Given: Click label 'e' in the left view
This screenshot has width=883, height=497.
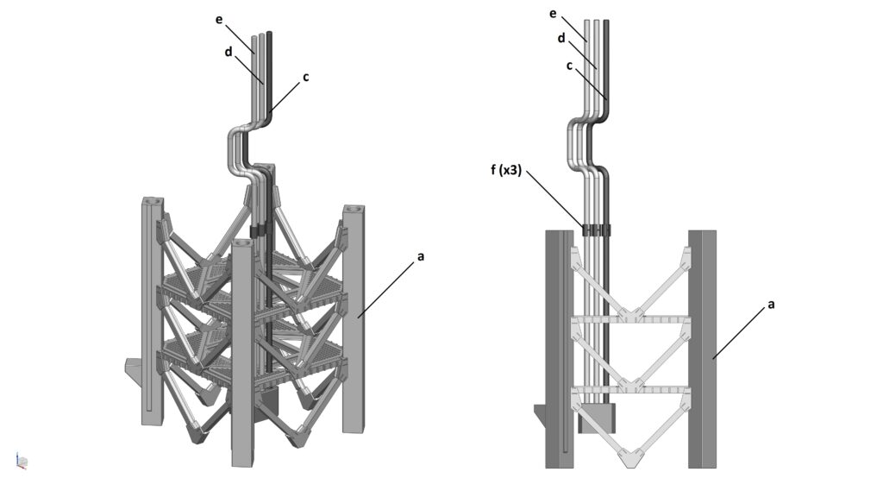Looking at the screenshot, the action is pyautogui.click(x=219, y=20).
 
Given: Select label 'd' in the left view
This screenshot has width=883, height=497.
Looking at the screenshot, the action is pyautogui.click(x=228, y=52).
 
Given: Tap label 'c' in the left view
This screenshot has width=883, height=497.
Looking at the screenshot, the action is pyautogui.click(x=306, y=77).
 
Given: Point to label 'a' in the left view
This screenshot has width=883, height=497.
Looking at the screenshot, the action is pyautogui.click(x=420, y=257).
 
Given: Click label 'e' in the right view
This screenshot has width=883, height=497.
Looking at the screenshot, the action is pyautogui.click(x=553, y=13).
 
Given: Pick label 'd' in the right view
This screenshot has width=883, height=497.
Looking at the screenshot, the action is pyautogui.click(x=560, y=38).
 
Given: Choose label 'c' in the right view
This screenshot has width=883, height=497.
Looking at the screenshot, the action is pyautogui.click(x=569, y=66).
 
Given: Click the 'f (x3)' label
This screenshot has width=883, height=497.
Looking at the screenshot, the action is pyautogui.click(x=505, y=170).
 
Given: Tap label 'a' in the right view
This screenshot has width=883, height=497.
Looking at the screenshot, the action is pyautogui.click(x=771, y=305).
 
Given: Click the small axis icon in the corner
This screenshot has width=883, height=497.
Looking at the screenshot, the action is pyautogui.click(x=22, y=461).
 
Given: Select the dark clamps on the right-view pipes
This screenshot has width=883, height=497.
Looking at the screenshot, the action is pyautogui.click(x=597, y=230).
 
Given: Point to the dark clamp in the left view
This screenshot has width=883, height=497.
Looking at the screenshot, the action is pyautogui.click(x=257, y=231).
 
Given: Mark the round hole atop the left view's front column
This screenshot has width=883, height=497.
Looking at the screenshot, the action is pyautogui.click(x=242, y=242).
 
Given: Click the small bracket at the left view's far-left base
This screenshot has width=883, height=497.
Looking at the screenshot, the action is pyautogui.click(x=134, y=369).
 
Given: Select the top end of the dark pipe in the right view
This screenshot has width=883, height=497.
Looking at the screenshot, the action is pyautogui.click(x=606, y=22).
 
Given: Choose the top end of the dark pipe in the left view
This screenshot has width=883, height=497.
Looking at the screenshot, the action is pyautogui.click(x=269, y=34).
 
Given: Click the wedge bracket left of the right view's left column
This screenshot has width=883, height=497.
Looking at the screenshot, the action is pyautogui.click(x=540, y=420).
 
